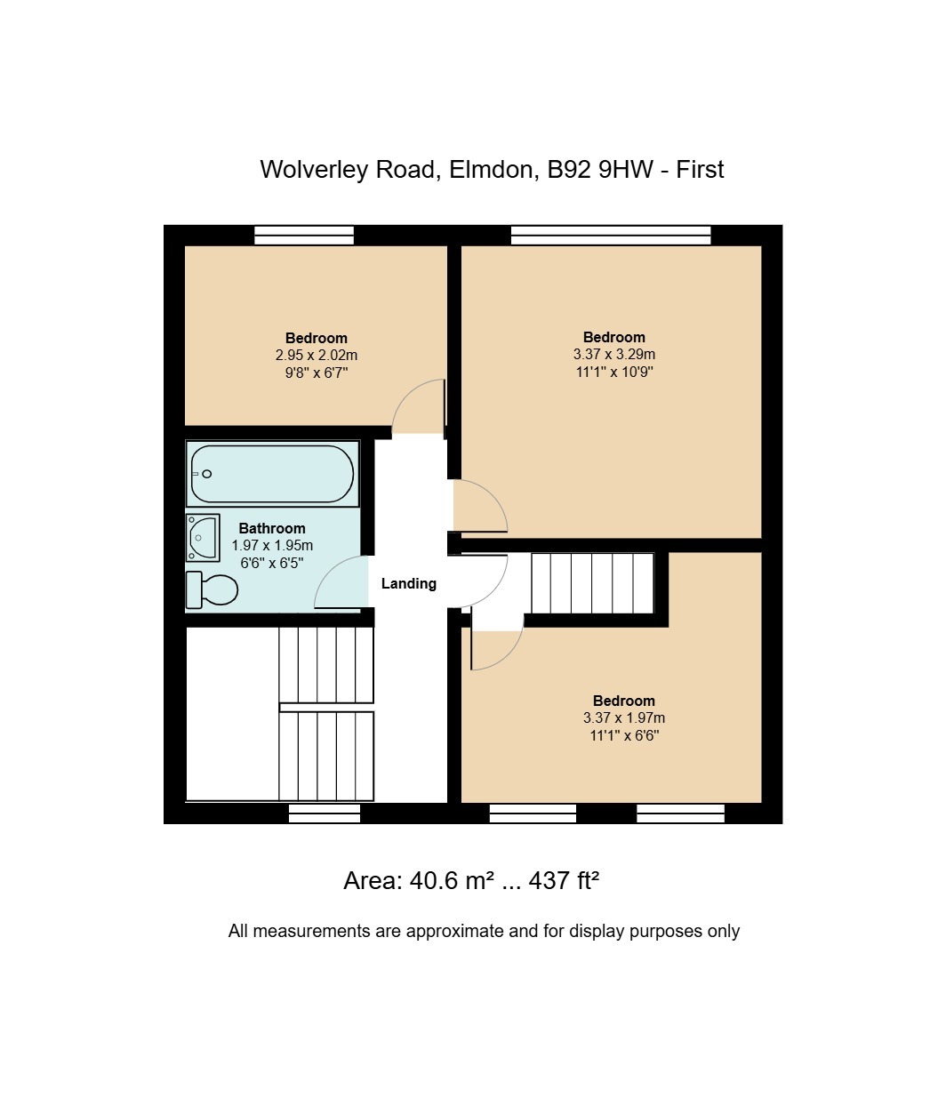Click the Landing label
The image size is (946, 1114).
[409, 584]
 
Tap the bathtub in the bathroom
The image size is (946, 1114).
[272, 474]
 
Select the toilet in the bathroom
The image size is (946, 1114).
[212, 590]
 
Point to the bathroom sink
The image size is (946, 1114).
[203, 537]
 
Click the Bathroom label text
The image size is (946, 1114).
[272, 528]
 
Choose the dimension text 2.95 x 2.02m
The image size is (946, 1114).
[317, 355]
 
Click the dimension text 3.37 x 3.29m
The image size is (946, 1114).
[614, 354]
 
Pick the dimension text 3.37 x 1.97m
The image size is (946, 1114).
[623, 717]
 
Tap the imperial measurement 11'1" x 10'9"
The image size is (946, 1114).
[614, 372]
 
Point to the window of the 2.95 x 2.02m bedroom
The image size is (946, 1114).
[304, 236]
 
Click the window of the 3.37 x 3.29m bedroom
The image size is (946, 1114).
[611, 236]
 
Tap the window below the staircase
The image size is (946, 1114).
[325, 813]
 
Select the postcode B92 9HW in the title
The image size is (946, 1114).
[600, 170]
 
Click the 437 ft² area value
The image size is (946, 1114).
[564, 881]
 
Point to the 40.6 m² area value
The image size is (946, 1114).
[452, 881]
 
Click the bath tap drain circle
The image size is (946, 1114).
[206, 474]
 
